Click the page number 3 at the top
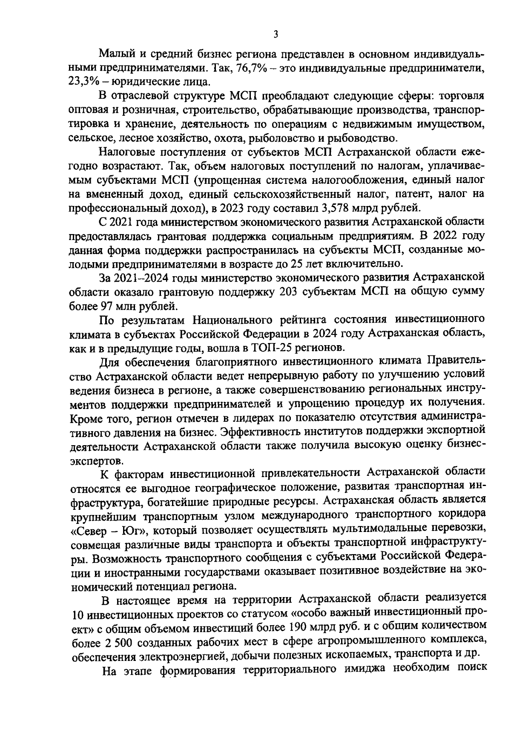tap(276, 34)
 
